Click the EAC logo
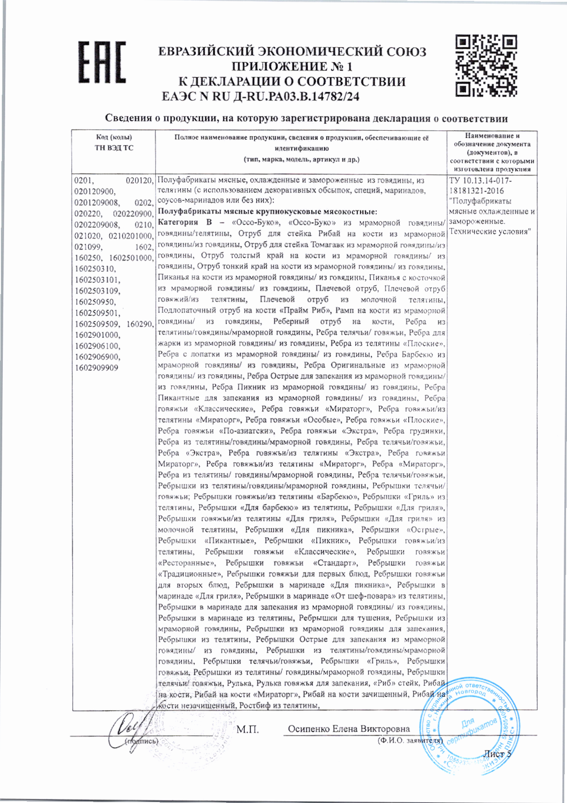click(101, 63)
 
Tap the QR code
click(486, 66)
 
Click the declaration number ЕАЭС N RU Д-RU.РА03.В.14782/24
click(260, 97)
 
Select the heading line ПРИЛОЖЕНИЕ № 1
click(292, 66)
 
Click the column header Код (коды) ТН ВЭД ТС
click(114, 142)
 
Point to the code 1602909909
click(96, 368)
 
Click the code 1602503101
click(97, 280)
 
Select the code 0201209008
click(97, 203)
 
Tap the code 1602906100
click(97, 346)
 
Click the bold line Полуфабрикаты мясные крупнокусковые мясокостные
click(267, 212)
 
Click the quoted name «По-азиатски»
click(246, 431)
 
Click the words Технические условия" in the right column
click(490, 232)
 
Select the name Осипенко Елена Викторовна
click(349, 729)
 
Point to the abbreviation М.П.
click(247, 729)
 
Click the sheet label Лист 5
click(497, 754)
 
